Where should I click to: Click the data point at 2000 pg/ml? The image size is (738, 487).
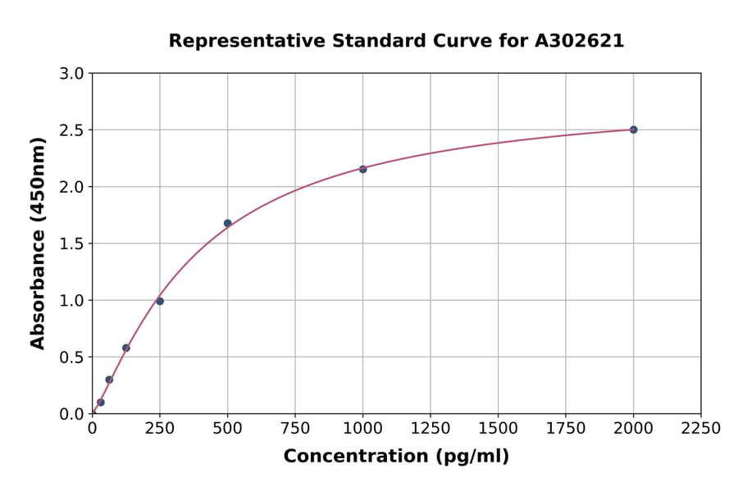633,130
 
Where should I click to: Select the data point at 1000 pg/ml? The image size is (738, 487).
362,169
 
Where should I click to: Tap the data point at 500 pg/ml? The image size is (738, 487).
227,223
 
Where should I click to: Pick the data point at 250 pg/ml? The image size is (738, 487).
160,301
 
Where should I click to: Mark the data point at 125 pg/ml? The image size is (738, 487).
126,348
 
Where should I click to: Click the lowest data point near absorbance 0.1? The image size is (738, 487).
101,403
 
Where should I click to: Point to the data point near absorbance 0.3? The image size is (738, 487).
109,380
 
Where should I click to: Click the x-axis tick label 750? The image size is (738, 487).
295,429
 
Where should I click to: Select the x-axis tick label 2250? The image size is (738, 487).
700,429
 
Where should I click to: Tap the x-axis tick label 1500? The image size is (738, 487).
498,429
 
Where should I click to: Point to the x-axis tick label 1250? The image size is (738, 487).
430,429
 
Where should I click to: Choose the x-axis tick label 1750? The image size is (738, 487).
565,429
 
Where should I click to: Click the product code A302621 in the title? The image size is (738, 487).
579,41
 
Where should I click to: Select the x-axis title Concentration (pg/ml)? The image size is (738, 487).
396,457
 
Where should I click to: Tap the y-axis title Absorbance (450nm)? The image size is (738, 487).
38,243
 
